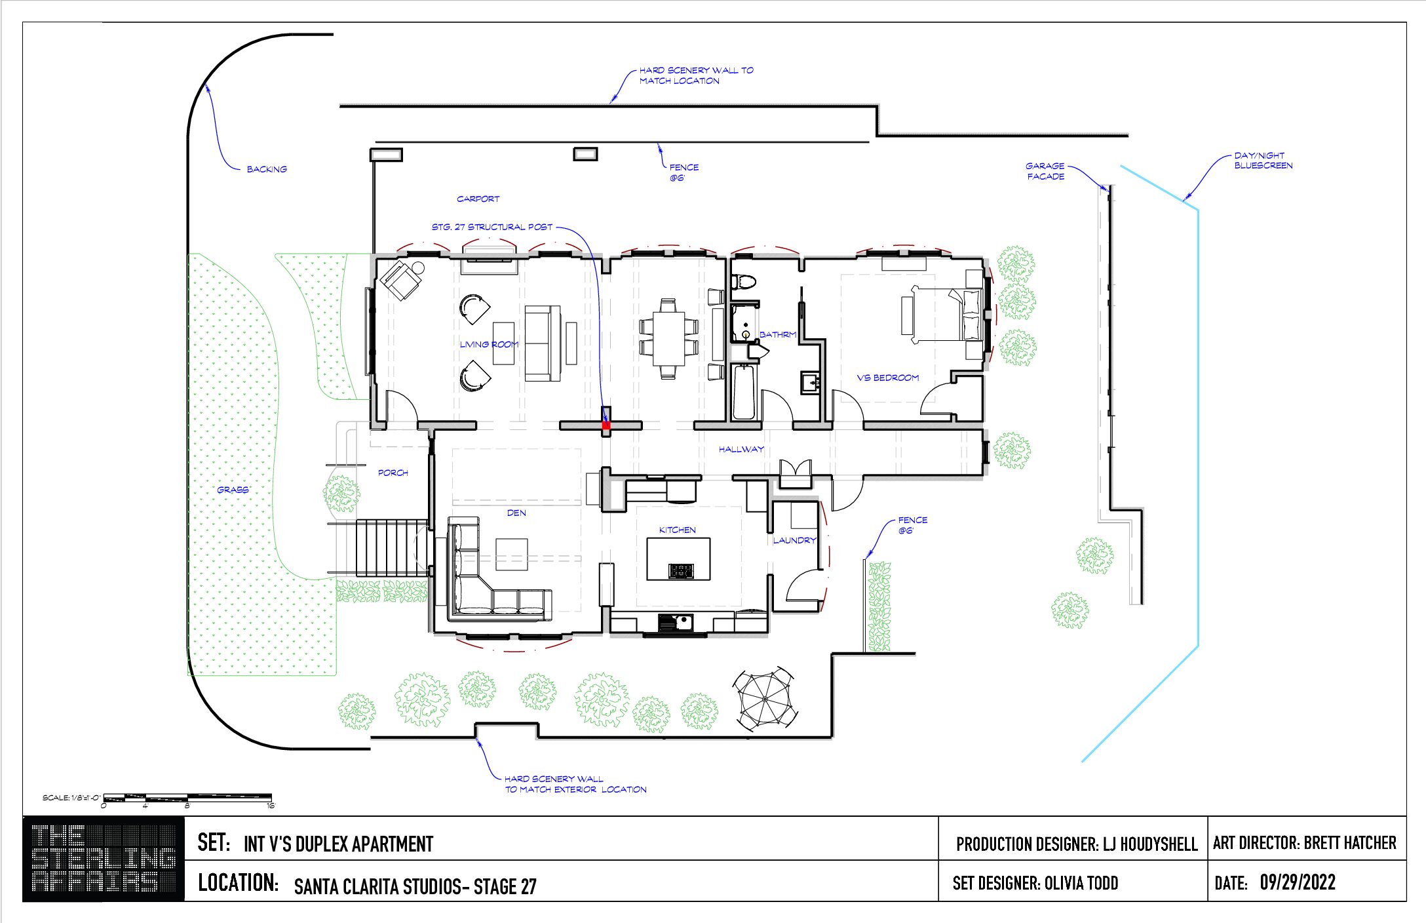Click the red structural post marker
point(606,425)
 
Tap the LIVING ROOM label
point(489,344)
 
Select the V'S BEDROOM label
point(888,378)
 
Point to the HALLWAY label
point(741,449)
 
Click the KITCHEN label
point(678,530)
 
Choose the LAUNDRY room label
point(794,540)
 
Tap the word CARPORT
point(478,199)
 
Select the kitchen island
point(679,559)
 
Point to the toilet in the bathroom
point(744,281)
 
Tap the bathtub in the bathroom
point(744,392)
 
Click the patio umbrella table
point(765,700)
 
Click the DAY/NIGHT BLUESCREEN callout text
point(1263,161)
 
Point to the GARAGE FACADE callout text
point(1045,171)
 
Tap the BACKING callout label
point(267,169)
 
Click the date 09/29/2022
point(1298,882)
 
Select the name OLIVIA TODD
point(1081,883)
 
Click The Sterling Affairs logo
point(104,859)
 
